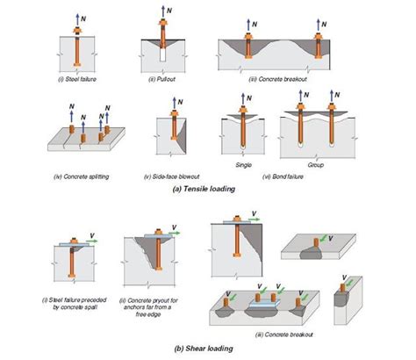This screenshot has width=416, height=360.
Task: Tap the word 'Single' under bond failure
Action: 247,163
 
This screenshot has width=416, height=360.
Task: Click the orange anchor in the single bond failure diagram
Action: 247,127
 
